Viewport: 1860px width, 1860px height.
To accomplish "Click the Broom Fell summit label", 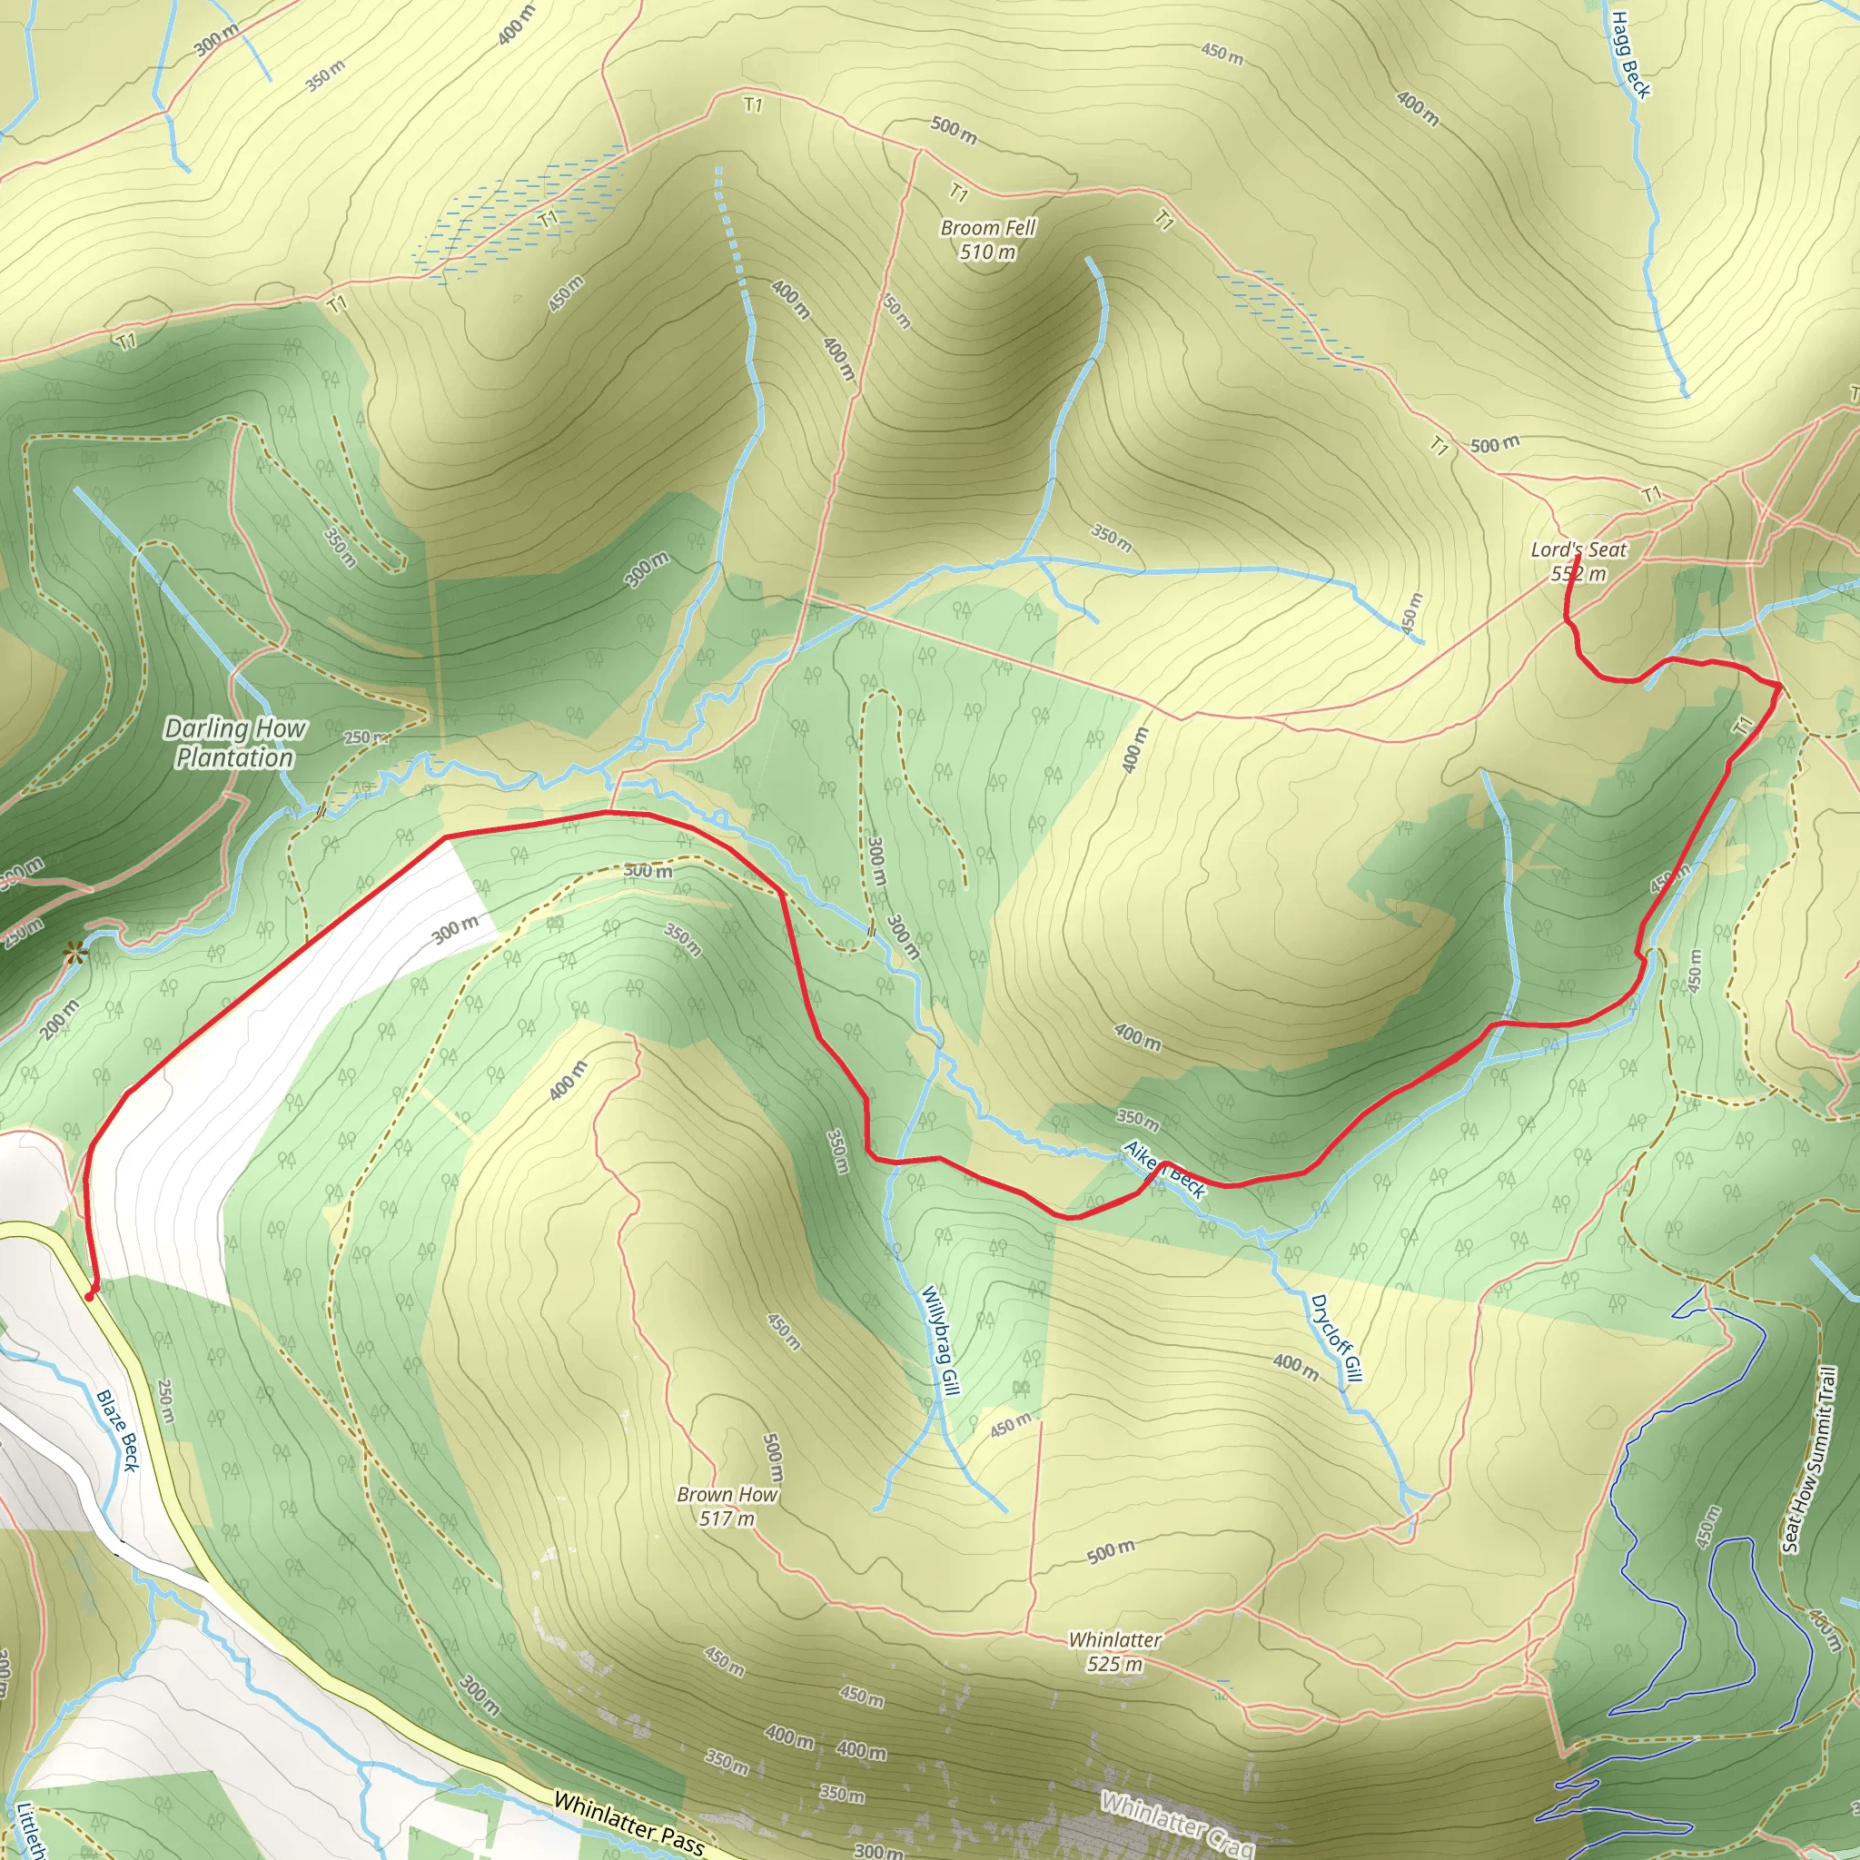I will pyautogui.click(x=988, y=228).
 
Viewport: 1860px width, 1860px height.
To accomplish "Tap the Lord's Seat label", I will pyautogui.click(x=1578, y=549).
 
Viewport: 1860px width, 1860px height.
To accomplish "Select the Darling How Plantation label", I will pyautogui.click(x=235, y=743).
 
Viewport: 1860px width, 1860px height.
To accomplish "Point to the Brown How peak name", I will pyautogui.click(x=727, y=1495).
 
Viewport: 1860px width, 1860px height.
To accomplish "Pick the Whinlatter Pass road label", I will pyautogui.click(x=628, y=1823).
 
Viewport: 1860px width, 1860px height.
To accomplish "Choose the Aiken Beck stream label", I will pyautogui.click(x=1165, y=1170).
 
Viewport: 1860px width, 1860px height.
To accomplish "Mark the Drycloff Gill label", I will pyautogui.click(x=1337, y=1338).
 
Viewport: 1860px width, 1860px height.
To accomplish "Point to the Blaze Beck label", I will pyautogui.click(x=118, y=1430).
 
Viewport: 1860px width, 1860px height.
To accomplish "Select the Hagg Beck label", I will pyautogui.click(x=1630, y=54).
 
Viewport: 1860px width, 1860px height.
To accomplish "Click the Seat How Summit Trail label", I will pyautogui.click(x=1810, y=1459).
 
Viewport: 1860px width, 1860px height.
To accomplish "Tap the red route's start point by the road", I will pyautogui.click(x=90, y=1296).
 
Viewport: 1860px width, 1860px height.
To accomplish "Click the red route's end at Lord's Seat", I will pyautogui.click(x=1577, y=558).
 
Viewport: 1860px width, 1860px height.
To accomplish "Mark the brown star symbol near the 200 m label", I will pyautogui.click(x=74, y=955).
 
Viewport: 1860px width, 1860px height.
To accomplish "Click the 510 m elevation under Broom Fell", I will pyautogui.click(x=988, y=252).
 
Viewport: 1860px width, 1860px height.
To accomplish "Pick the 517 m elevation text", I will pyautogui.click(x=727, y=1519).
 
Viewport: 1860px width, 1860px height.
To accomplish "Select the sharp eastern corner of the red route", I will pyautogui.click(x=1779, y=685).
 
